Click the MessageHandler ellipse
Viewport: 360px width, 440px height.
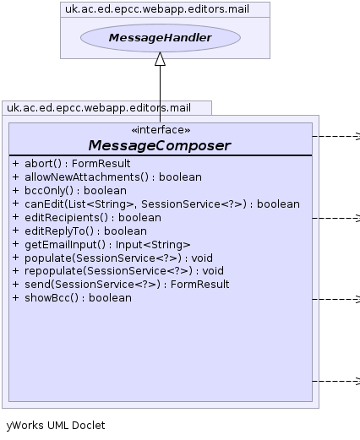[161, 38]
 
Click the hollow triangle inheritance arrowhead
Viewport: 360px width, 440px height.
[160, 59]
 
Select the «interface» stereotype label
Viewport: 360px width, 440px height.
[161, 130]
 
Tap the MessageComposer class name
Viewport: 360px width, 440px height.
[160, 145]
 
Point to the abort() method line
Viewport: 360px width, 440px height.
[72, 164]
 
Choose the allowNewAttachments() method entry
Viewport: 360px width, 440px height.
[107, 177]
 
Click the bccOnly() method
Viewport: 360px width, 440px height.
[69, 191]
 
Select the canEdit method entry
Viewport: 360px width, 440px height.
[156, 204]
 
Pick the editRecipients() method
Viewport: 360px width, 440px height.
[87, 218]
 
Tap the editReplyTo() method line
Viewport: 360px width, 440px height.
[79, 231]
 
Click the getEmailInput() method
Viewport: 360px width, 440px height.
[101, 245]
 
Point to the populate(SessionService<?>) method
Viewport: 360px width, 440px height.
[112, 258]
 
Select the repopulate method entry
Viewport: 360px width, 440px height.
[118, 271]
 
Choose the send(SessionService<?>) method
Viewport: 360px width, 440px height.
[121, 285]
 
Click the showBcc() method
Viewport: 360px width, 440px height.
[72, 298]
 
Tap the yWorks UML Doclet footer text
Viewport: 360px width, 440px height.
[56, 425]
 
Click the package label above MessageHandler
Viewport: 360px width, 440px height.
[157, 9]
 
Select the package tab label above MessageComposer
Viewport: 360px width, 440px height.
[99, 108]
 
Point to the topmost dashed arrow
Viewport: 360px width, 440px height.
[336, 136]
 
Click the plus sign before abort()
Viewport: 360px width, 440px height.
[15, 163]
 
